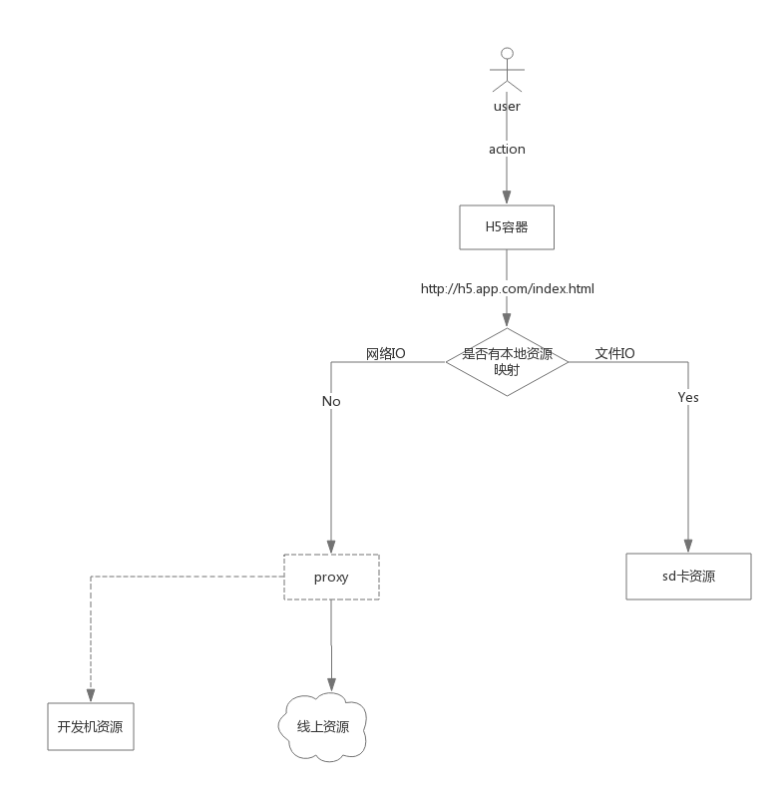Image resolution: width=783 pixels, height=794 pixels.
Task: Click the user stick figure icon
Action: coord(507,71)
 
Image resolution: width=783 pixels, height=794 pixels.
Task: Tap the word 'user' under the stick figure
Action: coord(507,107)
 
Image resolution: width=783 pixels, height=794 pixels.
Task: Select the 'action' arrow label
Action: coord(507,149)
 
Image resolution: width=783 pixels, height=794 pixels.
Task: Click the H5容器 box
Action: coord(507,227)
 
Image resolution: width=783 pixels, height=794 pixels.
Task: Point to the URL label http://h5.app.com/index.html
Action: coord(508,288)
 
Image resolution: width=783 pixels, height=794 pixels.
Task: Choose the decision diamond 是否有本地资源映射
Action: coord(507,361)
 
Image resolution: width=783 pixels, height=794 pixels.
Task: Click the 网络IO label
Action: coord(386,353)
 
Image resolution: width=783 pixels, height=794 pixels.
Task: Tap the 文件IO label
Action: coord(615,353)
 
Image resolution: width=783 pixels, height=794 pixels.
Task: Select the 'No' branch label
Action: coord(331,401)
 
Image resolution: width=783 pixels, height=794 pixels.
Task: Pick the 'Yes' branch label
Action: coord(688,397)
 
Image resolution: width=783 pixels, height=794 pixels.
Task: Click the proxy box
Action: coord(331,577)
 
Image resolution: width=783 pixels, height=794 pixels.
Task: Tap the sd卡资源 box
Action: coord(688,577)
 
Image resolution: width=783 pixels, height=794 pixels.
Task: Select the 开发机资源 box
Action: coord(90,726)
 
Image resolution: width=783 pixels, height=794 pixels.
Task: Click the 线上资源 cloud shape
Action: coord(322,727)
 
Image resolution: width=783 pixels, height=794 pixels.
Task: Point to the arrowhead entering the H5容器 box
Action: coord(507,198)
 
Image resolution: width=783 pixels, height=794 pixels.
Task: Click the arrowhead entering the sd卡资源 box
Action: coord(688,547)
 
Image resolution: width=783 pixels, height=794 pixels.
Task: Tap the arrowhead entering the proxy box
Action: coord(331,547)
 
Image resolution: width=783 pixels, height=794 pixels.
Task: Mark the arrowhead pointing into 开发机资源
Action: coord(90,695)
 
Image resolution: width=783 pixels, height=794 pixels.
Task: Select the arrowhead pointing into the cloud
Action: coord(331,685)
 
